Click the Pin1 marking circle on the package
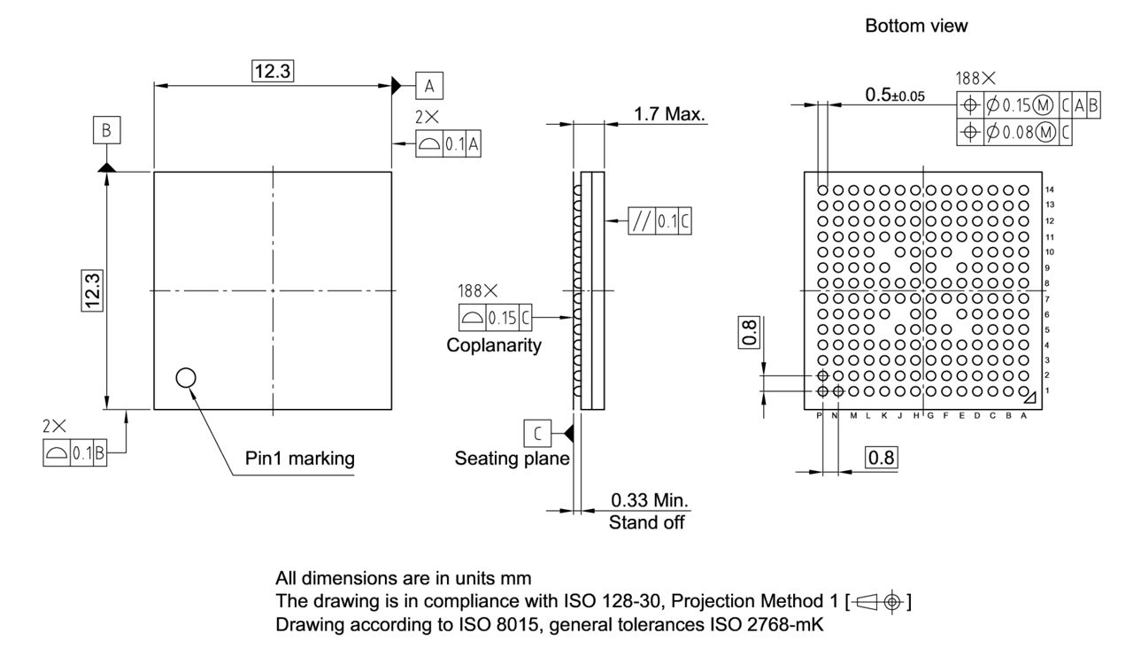[x=185, y=378]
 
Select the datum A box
[x=429, y=86]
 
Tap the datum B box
[x=106, y=131]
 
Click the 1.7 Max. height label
[x=669, y=114]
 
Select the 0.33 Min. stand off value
[x=650, y=501]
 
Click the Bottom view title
[x=916, y=27]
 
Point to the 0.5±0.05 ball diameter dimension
[x=896, y=96]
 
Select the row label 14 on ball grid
[x=1049, y=189]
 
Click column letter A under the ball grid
[x=1023, y=416]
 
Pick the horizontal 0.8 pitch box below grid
[x=882, y=459]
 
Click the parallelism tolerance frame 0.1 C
[x=660, y=221]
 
